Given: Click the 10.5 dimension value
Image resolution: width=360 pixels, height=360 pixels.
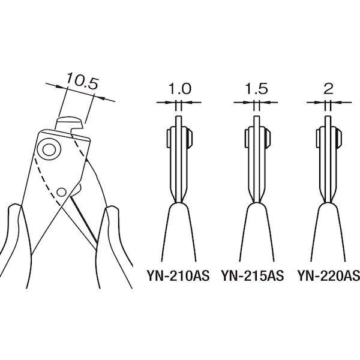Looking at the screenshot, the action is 82,81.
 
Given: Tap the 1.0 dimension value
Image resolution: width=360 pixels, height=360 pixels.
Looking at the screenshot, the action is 180,89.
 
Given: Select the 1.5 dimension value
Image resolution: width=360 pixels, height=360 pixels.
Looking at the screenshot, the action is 256,89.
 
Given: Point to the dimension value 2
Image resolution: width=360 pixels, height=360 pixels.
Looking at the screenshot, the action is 328,89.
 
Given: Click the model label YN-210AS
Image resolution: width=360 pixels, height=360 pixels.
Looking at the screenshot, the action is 178,276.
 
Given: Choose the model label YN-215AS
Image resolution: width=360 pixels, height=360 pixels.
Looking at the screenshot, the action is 253,276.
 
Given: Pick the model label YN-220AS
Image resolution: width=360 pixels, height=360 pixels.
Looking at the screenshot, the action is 329,276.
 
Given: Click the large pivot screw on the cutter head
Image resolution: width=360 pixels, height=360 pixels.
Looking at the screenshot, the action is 49,149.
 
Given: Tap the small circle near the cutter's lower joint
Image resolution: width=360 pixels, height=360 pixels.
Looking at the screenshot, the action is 61,192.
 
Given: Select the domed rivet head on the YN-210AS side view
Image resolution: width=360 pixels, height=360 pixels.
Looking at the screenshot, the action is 190,138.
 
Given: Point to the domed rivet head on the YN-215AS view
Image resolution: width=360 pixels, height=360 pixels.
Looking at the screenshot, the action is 268,138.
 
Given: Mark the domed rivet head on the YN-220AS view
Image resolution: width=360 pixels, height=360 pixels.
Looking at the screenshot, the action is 339,138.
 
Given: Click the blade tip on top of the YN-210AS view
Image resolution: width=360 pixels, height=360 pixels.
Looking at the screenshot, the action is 179,117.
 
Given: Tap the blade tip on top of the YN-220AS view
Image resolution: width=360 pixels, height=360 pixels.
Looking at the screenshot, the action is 328,117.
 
